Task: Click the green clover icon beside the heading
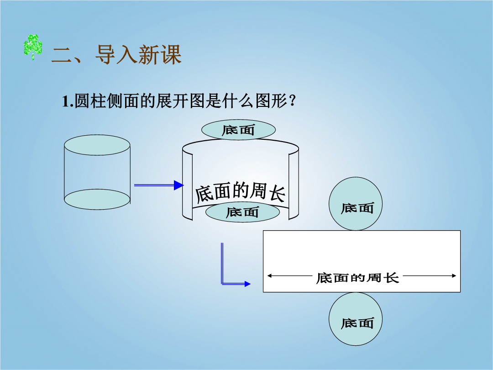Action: click(x=33, y=47)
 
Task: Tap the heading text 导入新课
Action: click(x=138, y=54)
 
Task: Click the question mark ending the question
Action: click(x=292, y=101)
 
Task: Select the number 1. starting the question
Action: click(x=68, y=101)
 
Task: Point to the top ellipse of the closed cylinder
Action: click(x=97, y=145)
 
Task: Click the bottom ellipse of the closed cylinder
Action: click(x=97, y=200)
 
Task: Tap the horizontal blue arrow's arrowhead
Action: click(x=178, y=185)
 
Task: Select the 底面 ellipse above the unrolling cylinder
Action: click(x=238, y=130)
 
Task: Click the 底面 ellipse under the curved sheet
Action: click(x=242, y=212)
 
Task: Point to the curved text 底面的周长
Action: click(x=240, y=192)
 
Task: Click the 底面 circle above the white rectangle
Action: click(x=356, y=204)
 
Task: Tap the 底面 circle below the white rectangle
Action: click(x=356, y=319)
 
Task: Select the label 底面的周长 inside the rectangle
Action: click(x=357, y=278)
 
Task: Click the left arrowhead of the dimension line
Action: click(x=269, y=276)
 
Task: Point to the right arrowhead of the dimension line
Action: click(x=454, y=276)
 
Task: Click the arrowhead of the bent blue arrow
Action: click(x=247, y=284)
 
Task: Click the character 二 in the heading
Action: click(x=62, y=55)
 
